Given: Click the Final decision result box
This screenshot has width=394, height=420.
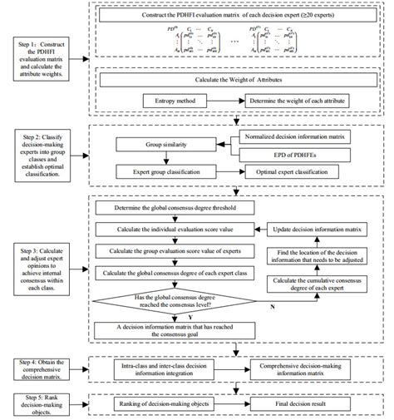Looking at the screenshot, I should point(312,402).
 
